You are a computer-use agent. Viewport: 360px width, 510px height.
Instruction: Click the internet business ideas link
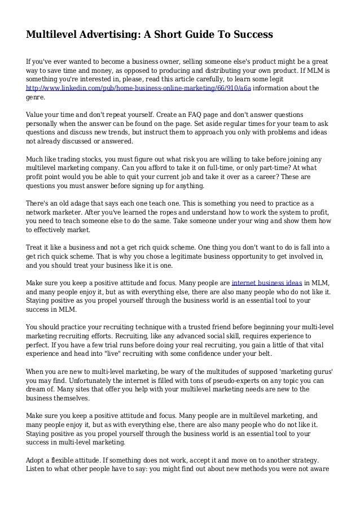(267, 282)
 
